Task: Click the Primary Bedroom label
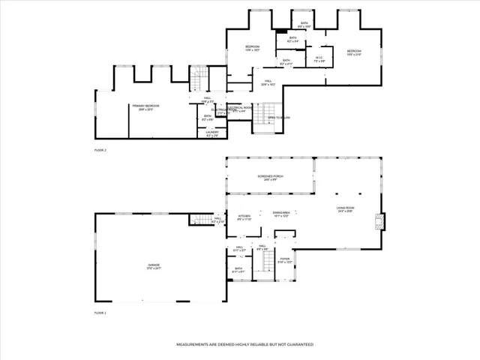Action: click(147, 107)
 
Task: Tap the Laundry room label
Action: click(212, 133)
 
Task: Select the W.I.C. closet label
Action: click(318, 58)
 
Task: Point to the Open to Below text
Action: click(279, 118)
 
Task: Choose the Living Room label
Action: click(345, 211)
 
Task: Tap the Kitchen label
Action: click(245, 217)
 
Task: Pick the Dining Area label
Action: click(281, 214)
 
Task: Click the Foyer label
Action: click(285, 261)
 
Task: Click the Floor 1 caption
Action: click(100, 312)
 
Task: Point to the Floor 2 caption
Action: click(100, 151)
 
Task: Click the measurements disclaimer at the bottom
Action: click(244, 344)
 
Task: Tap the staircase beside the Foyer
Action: click(266, 262)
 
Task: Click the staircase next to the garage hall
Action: click(199, 219)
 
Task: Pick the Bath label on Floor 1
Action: click(238, 270)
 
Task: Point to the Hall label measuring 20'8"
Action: click(268, 83)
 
